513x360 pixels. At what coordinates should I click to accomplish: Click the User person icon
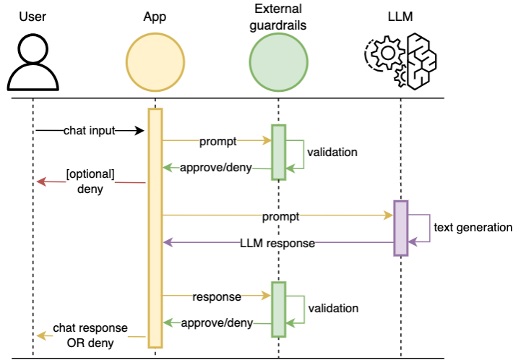coord(33,61)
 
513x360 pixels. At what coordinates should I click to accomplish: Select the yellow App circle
coord(155,62)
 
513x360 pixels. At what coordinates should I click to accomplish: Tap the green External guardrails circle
coord(278,62)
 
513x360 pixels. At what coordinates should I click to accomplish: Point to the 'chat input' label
coord(88,130)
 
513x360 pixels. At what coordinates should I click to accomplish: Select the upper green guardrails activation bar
coord(278,151)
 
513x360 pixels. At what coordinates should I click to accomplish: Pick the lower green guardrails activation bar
coord(278,307)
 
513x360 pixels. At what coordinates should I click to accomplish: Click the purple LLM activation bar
coord(401,228)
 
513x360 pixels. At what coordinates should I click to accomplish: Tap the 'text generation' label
coord(473,228)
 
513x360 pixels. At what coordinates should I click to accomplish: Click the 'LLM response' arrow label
coord(277,243)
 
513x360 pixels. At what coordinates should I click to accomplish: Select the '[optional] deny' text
coord(90,182)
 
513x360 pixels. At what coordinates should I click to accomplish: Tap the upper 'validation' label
coord(332,153)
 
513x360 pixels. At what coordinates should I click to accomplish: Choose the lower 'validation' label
coord(333,309)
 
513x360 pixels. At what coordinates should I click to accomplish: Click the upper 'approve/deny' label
coord(216,168)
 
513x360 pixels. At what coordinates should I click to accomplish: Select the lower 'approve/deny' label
coord(216,322)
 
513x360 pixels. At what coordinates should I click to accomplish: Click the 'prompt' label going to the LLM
coord(280,215)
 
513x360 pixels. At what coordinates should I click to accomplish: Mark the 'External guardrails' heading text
coord(278,16)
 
